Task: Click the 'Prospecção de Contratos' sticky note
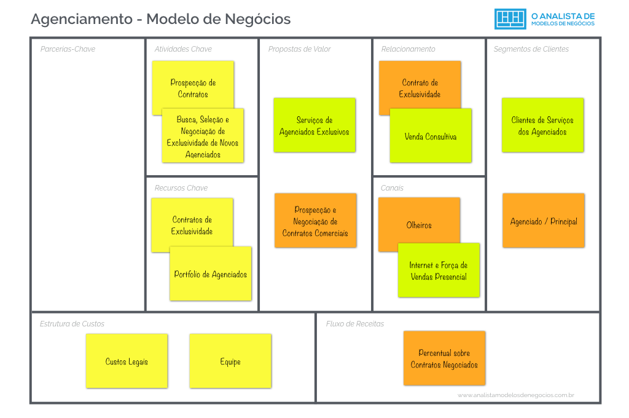tap(192, 84)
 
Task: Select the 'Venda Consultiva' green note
tap(431, 136)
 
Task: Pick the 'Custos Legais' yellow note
tap(127, 361)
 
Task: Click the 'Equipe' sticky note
tap(230, 361)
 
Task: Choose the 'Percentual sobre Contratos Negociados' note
tap(444, 358)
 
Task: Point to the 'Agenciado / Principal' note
tap(544, 221)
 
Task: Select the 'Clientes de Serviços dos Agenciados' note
tap(543, 125)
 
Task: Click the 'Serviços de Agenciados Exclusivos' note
tap(314, 125)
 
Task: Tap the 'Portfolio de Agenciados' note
tap(211, 274)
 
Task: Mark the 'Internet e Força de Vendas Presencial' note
tap(439, 270)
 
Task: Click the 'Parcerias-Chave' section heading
tap(68, 49)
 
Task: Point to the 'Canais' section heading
tap(392, 188)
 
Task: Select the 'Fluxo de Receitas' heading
tap(355, 323)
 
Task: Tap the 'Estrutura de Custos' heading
tap(72, 323)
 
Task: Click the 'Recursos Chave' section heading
tap(181, 188)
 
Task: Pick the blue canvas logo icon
tap(510, 19)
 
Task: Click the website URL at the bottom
tap(516, 395)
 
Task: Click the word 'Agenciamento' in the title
tap(82, 19)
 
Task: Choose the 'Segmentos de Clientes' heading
tap(531, 49)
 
